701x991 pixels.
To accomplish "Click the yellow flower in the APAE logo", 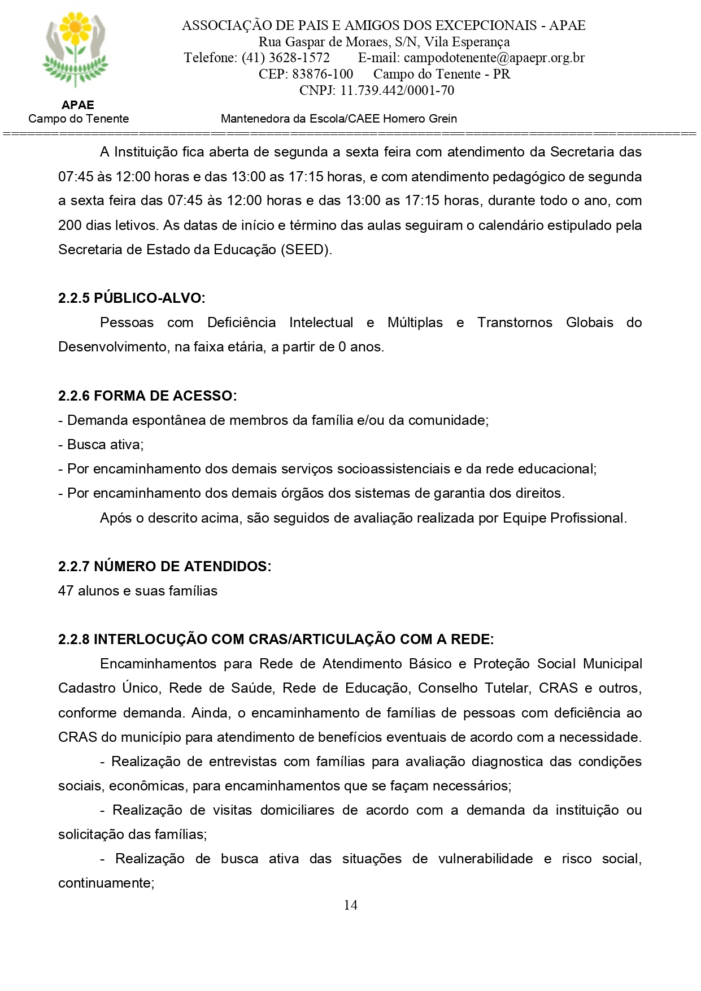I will click(x=75, y=28).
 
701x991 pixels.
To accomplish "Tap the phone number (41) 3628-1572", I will click(x=285, y=58).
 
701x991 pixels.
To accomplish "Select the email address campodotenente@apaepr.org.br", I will click(x=494, y=58).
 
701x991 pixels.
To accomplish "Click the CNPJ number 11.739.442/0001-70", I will click(x=397, y=90).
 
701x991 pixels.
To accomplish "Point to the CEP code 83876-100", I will click(x=322, y=74).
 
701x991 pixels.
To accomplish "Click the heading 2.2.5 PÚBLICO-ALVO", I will click(x=132, y=298).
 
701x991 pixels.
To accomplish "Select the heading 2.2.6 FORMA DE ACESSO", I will click(x=147, y=395).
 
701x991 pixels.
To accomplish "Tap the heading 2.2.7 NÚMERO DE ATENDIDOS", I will click(x=164, y=566).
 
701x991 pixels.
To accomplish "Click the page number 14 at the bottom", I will click(x=350, y=905).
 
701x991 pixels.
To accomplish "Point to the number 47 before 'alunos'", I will click(x=66, y=591).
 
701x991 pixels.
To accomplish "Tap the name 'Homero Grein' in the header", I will click(x=420, y=119).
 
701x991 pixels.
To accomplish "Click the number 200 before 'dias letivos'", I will click(x=69, y=225).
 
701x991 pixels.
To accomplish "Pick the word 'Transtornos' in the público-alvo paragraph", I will click(x=515, y=323).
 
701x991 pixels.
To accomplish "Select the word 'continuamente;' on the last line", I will click(x=106, y=883).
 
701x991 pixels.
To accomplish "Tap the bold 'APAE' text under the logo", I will click(x=78, y=105).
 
